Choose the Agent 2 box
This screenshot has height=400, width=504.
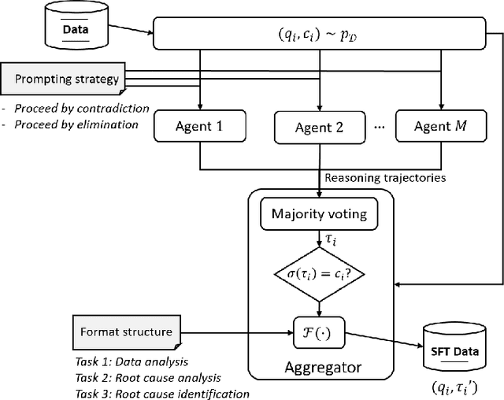319,127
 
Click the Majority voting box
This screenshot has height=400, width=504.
318,213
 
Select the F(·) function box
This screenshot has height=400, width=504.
319,331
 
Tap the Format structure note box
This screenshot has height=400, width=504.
126,331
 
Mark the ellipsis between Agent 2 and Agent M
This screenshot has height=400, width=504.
379,127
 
